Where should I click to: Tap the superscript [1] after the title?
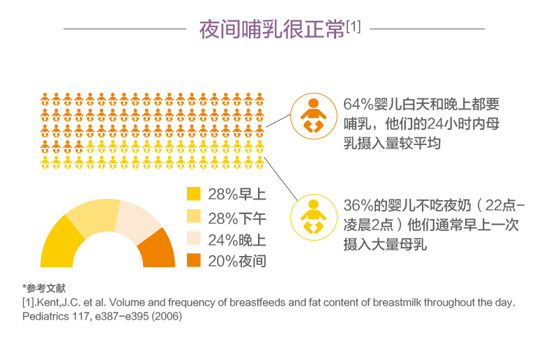pos(353,27)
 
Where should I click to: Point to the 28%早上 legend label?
pos(236,194)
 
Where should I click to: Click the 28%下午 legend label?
pos(236,217)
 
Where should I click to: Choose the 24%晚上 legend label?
pos(236,239)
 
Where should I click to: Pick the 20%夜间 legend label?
pos(236,262)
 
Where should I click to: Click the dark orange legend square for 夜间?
pos(194,261)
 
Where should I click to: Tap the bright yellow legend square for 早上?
pos(194,193)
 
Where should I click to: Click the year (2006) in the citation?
pos(167,315)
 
